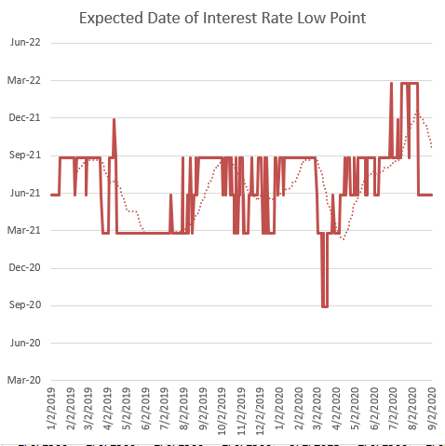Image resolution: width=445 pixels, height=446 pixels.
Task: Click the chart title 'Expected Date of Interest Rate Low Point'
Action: (222, 18)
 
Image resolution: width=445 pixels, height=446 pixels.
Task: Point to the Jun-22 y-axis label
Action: (25, 43)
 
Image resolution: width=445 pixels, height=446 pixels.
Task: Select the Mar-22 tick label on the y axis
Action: (25, 80)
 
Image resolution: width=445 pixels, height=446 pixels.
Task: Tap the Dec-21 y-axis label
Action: (25, 117)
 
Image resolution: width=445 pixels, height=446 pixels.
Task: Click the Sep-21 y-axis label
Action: (25, 155)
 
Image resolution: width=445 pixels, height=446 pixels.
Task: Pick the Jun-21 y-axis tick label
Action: (25, 193)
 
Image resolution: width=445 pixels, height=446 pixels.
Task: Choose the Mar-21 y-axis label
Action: (25, 230)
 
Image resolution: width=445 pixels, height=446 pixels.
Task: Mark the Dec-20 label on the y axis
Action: (25, 267)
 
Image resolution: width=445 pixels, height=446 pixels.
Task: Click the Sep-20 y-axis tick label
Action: (25, 305)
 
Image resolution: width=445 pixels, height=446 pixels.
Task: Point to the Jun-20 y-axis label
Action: (25, 343)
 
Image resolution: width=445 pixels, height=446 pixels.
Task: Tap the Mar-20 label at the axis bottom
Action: (25, 380)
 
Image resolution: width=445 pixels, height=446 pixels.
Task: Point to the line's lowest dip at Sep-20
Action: (325, 305)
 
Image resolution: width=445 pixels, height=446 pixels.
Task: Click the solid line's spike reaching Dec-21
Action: (114, 120)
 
